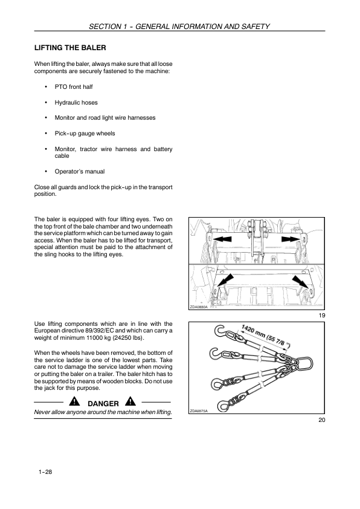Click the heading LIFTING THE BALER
[x=70, y=48]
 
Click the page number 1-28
[x=45, y=472]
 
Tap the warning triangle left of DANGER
[x=74, y=401]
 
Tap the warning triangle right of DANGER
[x=130, y=401]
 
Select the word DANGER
[x=103, y=403]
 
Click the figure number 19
[x=322, y=315]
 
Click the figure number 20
[x=322, y=420]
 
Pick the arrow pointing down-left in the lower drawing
[x=225, y=280]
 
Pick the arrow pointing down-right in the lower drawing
[x=300, y=282]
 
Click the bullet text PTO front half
[x=74, y=87]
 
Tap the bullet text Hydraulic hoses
[x=76, y=103]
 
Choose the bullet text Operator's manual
[x=80, y=172]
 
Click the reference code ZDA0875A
[x=199, y=411]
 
